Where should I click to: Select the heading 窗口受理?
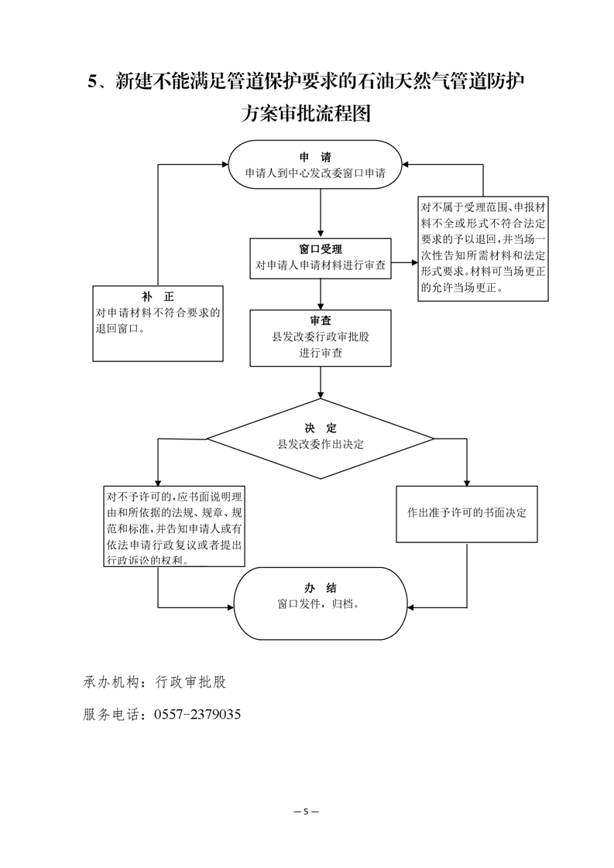(x=321, y=250)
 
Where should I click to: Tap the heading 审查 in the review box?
(x=321, y=320)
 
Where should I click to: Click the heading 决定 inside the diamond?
(x=321, y=428)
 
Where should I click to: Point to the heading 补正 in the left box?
(x=158, y=297)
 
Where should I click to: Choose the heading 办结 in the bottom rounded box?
(x=321, y=588)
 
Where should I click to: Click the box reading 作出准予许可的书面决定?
(x=467, y=514)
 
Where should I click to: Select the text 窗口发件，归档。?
(x=319, y=604)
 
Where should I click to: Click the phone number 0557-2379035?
(x=197, y=714)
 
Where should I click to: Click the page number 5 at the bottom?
(x=307, y=812)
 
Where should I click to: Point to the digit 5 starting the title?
(x=93, y=82)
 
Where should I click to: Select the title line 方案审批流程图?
(x=306, y=113)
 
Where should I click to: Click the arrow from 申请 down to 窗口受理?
(x=321, y=213)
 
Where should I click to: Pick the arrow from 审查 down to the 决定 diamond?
(x=321, y=382)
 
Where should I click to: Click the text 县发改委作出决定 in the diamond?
(x=321, y=444)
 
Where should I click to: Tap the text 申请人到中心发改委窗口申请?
(x=315, y=173)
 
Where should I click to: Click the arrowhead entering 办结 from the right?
(x=410, y=608)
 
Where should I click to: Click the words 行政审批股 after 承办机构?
(x=191, y=682)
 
